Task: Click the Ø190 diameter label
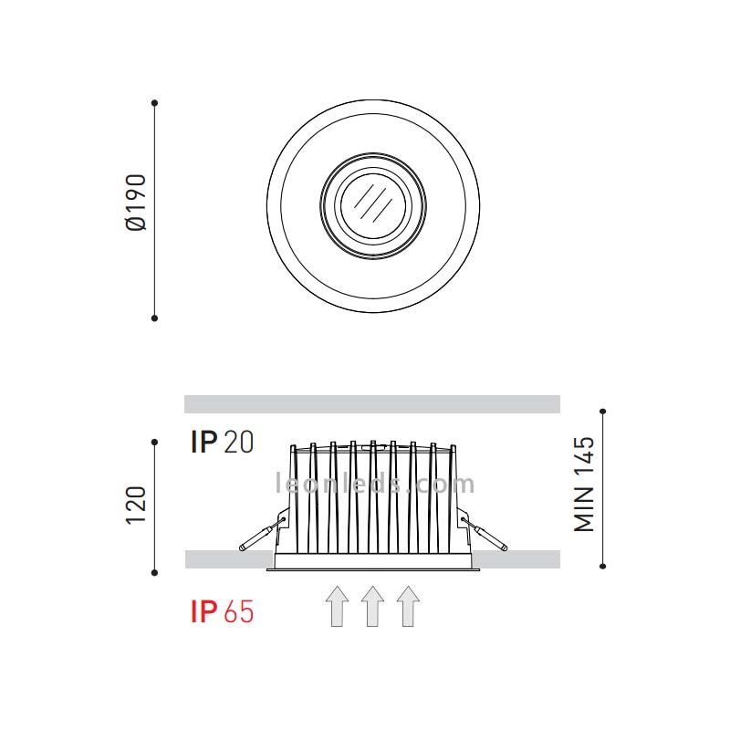136,202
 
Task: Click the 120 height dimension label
136,506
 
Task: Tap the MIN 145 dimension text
584,485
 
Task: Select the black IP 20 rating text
222,442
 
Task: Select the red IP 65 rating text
222,611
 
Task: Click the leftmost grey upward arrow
337,606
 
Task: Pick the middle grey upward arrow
372,606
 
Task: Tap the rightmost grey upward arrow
408,606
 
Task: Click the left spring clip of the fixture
262,534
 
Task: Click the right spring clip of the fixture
485,534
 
